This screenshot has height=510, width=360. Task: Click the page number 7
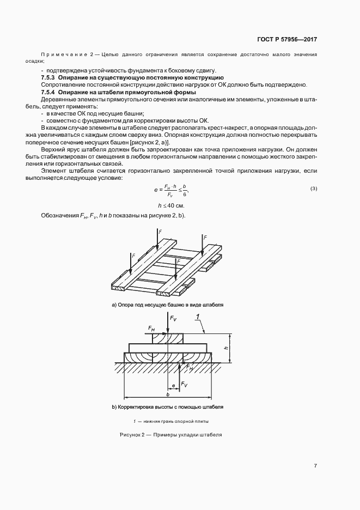point(315,465)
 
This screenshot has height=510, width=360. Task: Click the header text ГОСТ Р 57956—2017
point(286,40)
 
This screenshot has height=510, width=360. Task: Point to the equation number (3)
point(313,189)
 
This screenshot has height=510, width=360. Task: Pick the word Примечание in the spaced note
point(64,56)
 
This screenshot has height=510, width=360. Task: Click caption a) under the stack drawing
point(168,305)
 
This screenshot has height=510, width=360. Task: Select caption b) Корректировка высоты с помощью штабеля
point(167,406)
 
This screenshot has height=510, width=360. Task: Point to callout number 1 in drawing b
point(198,317)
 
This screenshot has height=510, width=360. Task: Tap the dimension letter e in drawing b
point(173,385)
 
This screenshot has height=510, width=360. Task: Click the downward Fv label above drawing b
point(173,318)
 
